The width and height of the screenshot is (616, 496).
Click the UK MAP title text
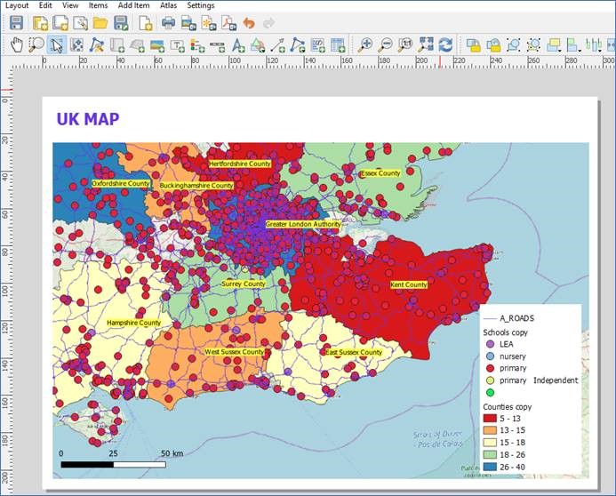point(88,119)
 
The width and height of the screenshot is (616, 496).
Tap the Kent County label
point(410,284)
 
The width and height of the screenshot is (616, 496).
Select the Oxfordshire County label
point(121,183)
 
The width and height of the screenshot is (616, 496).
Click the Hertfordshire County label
point(240,164)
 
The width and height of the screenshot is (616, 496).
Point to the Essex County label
point(381,173)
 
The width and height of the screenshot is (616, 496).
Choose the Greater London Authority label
point(303,225)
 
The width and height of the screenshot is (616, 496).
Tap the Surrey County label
point(244,284)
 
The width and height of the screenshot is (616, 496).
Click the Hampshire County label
point(133,323)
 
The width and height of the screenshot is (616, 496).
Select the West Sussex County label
point(235,352)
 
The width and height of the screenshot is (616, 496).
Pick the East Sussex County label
point(354,352)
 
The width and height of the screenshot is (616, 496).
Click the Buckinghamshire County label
point(196,186)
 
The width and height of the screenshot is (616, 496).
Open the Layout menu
point(17,5)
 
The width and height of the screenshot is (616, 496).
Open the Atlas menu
point(169,5)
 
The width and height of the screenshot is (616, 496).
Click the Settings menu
point(201,5)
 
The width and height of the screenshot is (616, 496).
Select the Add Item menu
point(133,5)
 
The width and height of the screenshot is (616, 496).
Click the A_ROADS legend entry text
point(517,317)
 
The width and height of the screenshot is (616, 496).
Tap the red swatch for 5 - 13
point(489,418)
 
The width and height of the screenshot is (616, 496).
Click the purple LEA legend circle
point(489,343)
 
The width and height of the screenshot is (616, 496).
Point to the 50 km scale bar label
point(172,453)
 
